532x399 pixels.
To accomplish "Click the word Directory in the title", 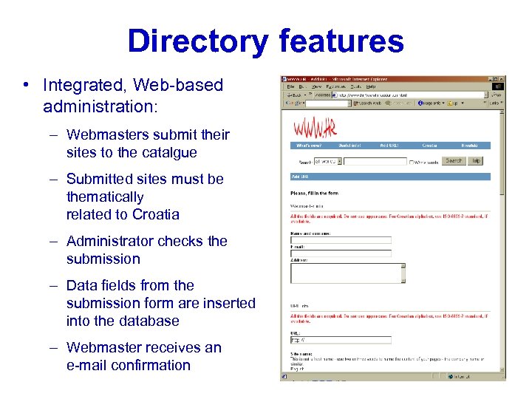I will (x=196, y=41).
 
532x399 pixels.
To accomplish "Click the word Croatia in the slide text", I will (x=155, y=214).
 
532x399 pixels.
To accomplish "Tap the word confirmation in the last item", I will (x=151, y=365).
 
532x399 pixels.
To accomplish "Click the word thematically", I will (x=105, y=197).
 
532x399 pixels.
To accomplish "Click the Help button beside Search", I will (x=476, y=160).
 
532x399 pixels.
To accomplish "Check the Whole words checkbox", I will (x=411, y=161).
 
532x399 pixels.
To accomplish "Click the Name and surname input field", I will (x=341, y=240).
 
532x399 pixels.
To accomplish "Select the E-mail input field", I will (x=341, y=253).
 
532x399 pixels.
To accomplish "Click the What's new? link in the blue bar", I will (x=307, y=146).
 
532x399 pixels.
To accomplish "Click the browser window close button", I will (x=502, y=79).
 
